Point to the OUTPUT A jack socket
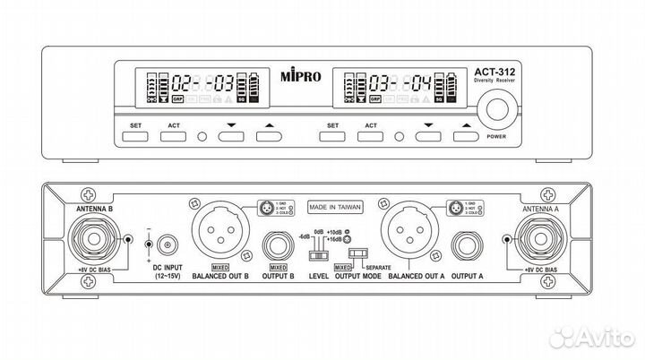(x=468, y=244)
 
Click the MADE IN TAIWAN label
(x=336, y=204)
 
